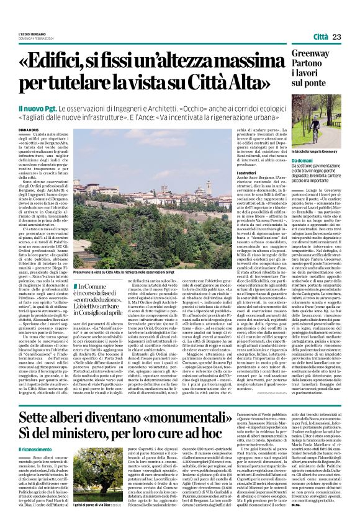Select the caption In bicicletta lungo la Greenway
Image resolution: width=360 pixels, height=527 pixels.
(315, 151)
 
